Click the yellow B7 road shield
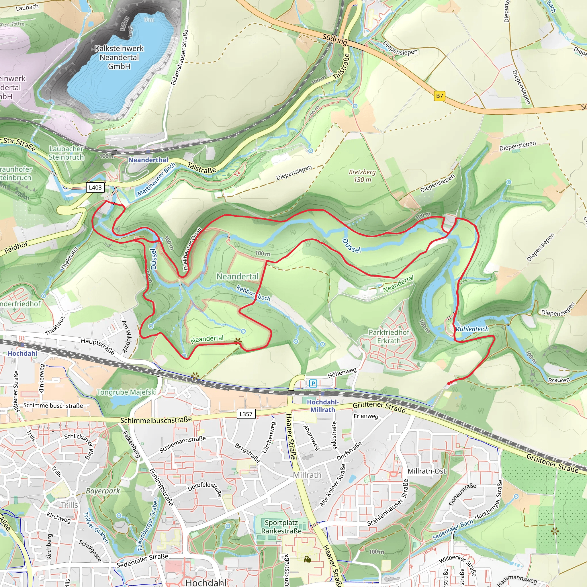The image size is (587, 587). [439, 96]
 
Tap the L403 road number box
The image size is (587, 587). [95, 187]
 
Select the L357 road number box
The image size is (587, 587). [246, 414]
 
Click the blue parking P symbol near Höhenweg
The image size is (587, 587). [313, 383]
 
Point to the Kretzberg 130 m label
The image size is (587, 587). [362, 176]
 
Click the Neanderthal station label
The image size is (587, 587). [148, 160]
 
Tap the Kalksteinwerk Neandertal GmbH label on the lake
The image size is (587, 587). [119, 57]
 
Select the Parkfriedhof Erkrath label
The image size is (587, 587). [389, 336]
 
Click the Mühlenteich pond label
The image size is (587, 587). [472, 329]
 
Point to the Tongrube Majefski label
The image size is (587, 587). [127, 392]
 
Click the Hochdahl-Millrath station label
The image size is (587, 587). [323, 406]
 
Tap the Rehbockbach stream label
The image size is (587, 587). [253, 293]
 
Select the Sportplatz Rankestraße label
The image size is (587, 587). [281, 527]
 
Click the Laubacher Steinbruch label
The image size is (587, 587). [66, 153]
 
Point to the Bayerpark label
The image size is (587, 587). [103, 491]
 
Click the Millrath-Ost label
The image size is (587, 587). [426, 471]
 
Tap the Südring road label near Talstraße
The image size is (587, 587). [334, 39]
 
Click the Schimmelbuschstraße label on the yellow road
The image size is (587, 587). [156, 420]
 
